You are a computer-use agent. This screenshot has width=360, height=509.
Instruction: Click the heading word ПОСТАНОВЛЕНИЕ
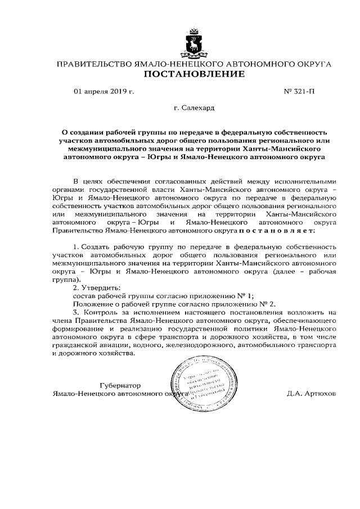click(194, 74)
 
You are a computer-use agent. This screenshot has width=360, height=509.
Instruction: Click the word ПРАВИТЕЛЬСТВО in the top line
click(92, 64)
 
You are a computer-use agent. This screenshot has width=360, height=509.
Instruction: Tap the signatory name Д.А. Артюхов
click(311, 394)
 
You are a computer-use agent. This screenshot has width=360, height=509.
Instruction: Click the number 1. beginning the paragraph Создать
click(77, 247)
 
